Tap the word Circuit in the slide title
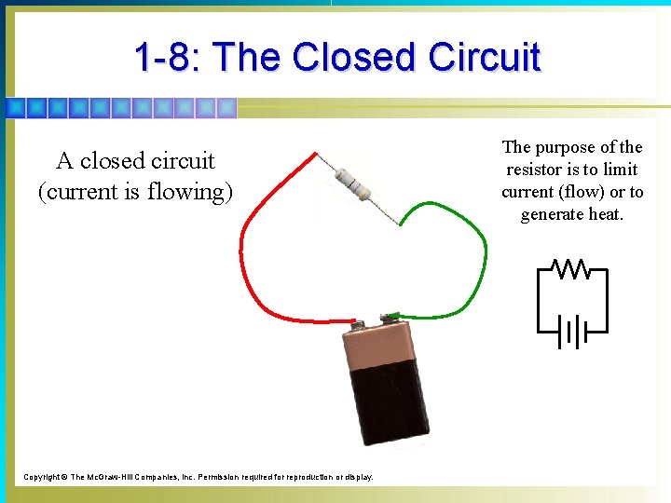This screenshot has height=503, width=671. click(x=485, y=58)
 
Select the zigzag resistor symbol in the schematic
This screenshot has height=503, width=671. click(x=571, y=269)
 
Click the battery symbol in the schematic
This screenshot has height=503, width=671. click(x=570, y=331)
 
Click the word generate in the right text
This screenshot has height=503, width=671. click(x=552, y=214)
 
